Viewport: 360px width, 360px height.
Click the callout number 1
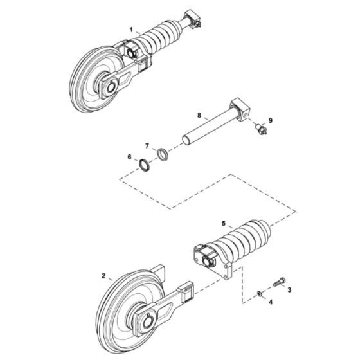point(131,30)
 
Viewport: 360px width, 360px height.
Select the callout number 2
point(104,275)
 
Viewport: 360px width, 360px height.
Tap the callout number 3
point(289,290)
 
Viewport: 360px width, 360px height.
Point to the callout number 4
point(271,301)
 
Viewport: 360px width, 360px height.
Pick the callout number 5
point(224,224)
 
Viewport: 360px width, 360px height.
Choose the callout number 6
point(129,157)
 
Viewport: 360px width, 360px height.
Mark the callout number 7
point(147,146)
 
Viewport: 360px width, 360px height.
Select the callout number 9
point(271,120)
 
